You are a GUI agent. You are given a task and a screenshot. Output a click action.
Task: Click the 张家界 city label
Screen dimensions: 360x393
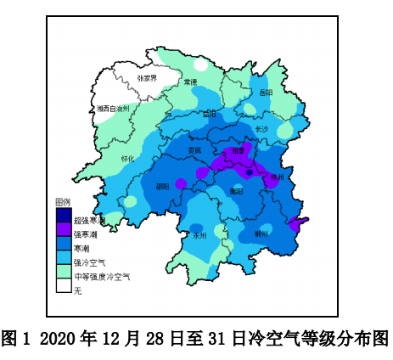[148, 78]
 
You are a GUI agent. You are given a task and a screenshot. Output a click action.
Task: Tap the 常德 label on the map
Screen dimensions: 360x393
[190, 82]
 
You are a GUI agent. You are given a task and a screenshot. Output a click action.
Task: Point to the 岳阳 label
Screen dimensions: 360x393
[266, 92]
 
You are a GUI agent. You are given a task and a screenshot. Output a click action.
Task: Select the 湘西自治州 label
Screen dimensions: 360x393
[112, 109]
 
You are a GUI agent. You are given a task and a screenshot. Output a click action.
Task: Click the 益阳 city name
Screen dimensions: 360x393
[210, 113]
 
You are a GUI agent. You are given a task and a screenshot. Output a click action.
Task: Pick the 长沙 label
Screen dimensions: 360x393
[261, 129]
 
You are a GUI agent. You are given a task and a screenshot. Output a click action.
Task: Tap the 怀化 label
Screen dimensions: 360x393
[127, 158]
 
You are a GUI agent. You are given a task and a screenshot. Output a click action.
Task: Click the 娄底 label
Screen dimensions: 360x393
[195, 150]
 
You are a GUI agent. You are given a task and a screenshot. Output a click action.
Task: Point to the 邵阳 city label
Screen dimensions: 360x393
[162, 186]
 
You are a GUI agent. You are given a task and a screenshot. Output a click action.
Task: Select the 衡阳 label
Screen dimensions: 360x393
[235, 192]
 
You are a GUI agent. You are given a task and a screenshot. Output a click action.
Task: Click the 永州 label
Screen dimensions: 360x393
[200, 234]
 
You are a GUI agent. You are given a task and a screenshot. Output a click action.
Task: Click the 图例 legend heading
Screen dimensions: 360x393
[62, 202]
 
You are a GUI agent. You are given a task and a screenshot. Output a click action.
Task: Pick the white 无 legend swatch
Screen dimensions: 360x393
[63, 289]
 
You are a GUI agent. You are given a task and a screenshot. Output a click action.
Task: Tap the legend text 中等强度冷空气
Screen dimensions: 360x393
[102, 276]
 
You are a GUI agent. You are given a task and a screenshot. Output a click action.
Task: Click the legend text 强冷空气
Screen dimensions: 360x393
[89, 262]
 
